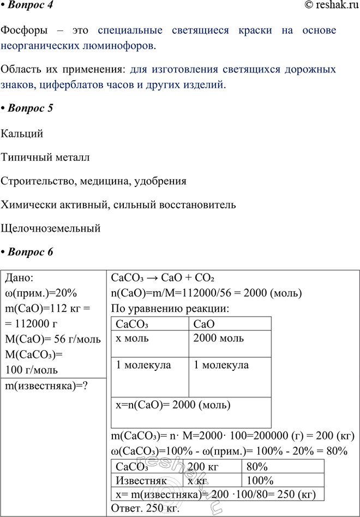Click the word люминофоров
click(x=122, y=45)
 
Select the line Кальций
click(x=22, y=134)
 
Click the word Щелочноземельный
click(x=51, y=228)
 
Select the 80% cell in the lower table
click(x=256, y=467)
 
